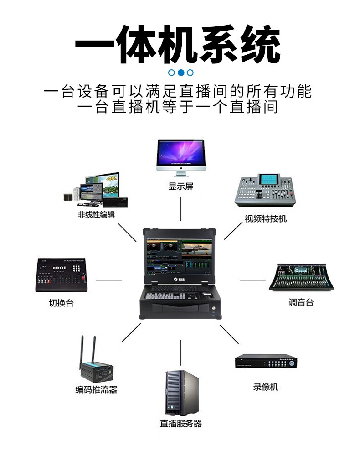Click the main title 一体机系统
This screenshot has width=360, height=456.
point(177,45)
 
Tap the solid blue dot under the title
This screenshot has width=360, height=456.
point(181,72)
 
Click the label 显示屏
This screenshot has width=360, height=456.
point(180,187)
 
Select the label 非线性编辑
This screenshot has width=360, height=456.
point(96,214)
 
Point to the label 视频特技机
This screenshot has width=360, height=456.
point(266,218)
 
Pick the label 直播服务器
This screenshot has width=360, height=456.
point(180,423)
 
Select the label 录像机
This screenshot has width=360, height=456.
point(266,387)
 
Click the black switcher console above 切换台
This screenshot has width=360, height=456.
point(61,275)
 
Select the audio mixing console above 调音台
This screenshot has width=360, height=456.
point(302,276)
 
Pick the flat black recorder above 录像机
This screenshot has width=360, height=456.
point(266,362)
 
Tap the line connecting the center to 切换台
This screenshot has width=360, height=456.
point(109,280)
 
